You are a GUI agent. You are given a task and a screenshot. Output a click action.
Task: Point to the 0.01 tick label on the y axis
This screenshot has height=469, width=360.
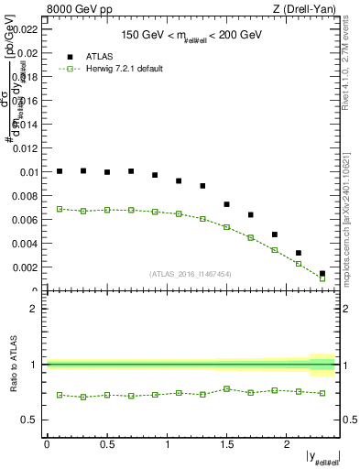tap(30, 171)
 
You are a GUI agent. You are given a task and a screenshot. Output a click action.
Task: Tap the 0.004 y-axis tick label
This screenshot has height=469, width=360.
tap(27, 244)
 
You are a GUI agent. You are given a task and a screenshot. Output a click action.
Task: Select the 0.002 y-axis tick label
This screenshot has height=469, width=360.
tap(27, 267)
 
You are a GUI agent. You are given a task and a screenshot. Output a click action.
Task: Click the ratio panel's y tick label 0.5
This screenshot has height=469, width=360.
tap(33, 420)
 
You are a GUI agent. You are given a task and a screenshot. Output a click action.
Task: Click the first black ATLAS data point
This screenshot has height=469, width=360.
tap(60, 171)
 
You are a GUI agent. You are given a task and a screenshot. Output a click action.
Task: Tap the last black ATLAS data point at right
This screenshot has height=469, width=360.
tap(322, 273)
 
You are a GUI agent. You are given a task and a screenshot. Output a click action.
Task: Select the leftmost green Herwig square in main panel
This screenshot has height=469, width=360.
tap(60, 209)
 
